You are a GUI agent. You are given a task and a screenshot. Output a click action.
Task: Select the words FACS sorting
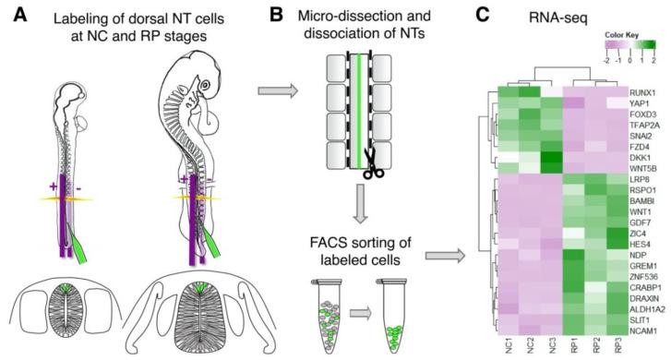343,245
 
